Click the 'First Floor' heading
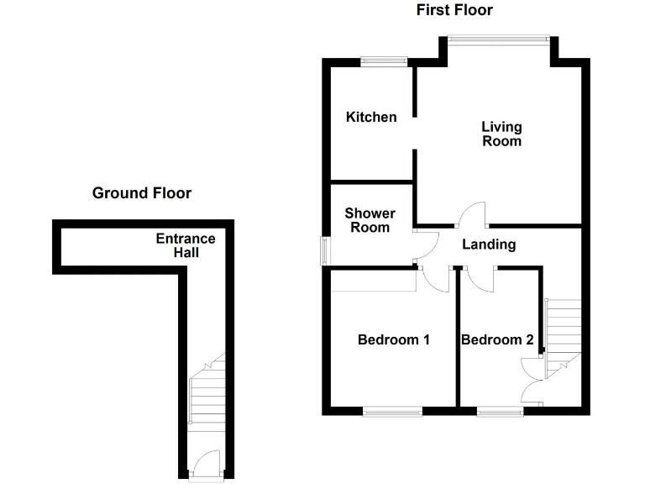454,10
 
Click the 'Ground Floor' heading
141,193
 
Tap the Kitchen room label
371,117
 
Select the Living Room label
501,134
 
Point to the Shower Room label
370,220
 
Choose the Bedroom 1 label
394,339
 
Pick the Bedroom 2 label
497,339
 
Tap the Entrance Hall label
186,245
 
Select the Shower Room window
326,251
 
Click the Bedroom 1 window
393,411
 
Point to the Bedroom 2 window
500,411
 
